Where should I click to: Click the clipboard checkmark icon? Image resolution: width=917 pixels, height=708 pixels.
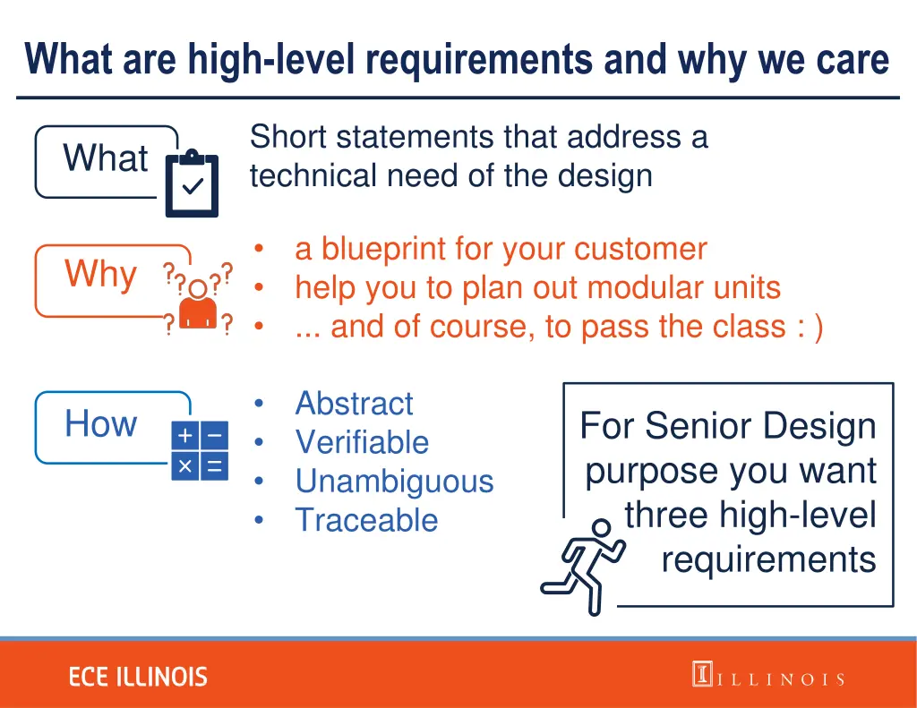point(192,183)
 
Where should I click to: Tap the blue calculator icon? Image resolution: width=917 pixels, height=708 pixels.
point(200,450)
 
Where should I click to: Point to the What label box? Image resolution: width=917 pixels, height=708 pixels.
point(106,159)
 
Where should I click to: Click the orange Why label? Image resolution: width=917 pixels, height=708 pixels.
point(100,274)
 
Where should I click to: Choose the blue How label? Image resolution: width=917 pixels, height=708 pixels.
point(100,423)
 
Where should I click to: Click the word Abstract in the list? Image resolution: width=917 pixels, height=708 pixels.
point(354,404)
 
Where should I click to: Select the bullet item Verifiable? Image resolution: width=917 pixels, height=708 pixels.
point(362,442)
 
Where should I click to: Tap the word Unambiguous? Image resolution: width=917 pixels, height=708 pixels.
point(394,482)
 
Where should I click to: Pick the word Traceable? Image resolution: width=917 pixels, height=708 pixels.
point(366,520)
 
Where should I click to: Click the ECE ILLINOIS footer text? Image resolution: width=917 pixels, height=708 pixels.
point(138,677)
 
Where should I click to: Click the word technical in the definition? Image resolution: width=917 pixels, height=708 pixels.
point(314,175)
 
